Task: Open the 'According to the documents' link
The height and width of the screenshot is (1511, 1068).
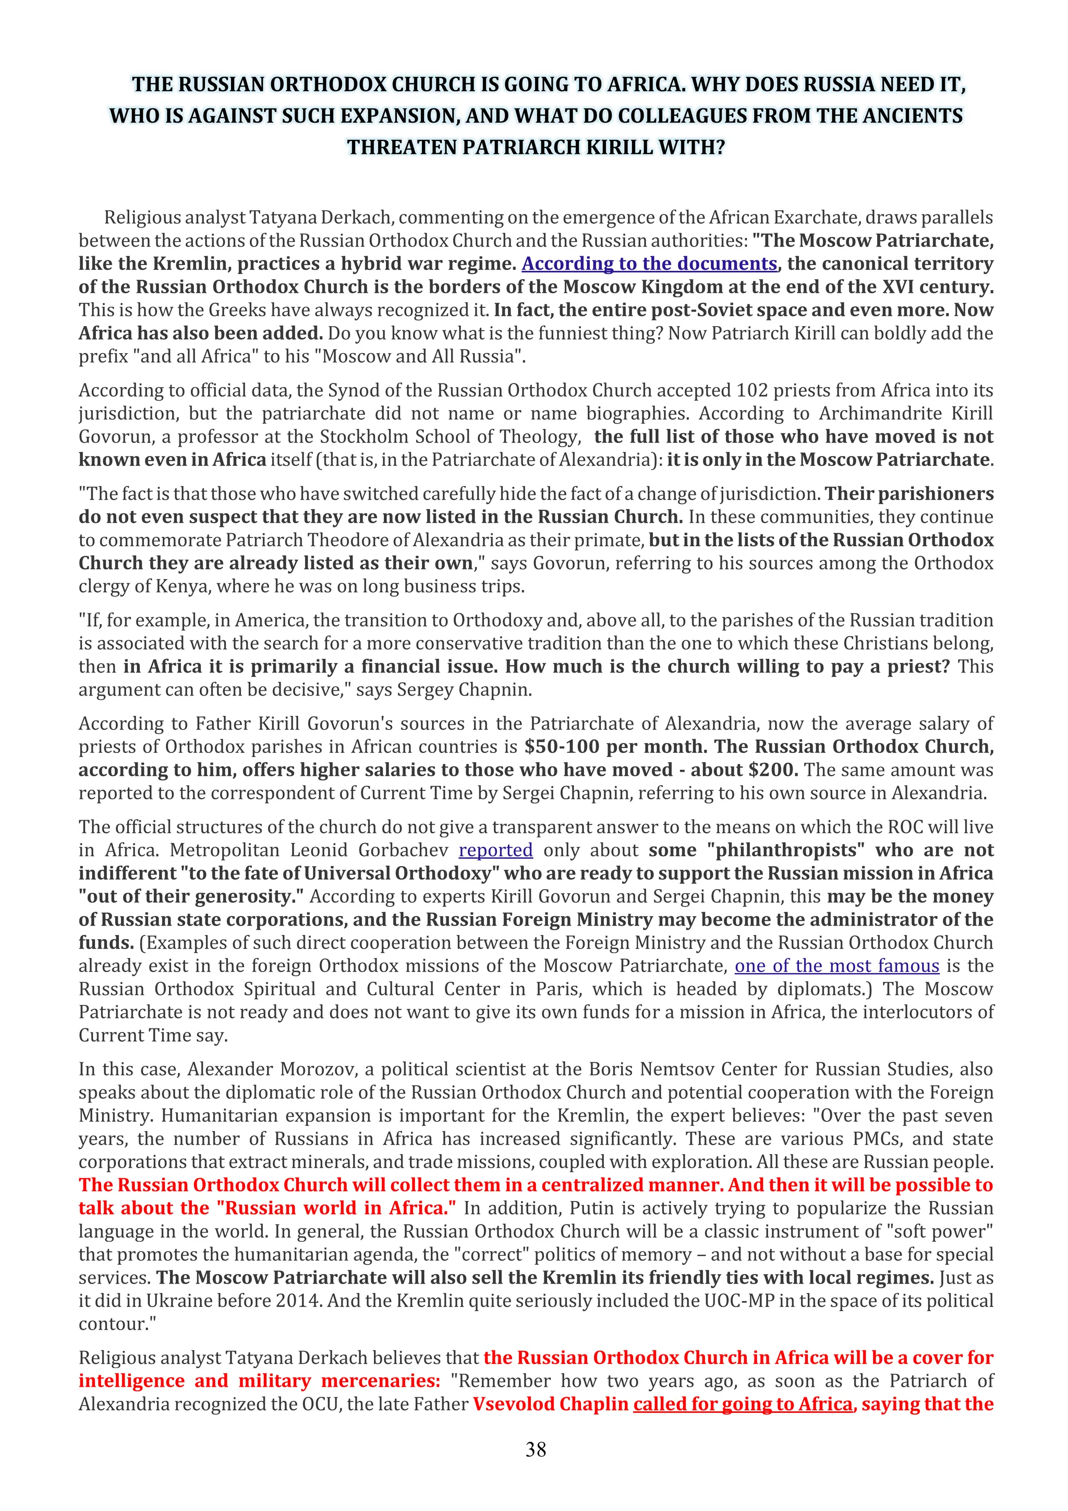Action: tap(649, 263)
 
